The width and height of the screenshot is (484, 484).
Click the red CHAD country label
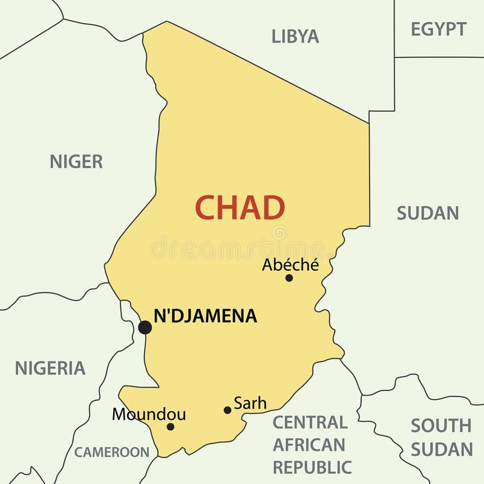(x=240, y=208)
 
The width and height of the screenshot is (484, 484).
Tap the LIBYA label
(x=295, y=36)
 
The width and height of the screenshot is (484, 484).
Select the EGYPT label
(x=439, y=29)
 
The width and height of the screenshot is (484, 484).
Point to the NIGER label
(x=76, y=161)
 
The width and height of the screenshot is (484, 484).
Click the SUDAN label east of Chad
(x=428, y=213)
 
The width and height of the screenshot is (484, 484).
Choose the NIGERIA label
(x=50, y=368)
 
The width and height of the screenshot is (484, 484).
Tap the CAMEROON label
(x=112, y=452)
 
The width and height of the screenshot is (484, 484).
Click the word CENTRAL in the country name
(x=310, y=422)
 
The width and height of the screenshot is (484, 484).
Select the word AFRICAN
(x=309, y=445)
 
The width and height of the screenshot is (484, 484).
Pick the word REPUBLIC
(x=312, y=467)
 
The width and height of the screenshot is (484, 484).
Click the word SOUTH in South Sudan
(x=441, y=426)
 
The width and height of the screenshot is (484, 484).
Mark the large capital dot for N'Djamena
(x=145, y=328)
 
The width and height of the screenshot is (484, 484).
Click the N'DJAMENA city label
(x=205, y=315)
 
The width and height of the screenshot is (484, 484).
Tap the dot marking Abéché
(x=289, y=278)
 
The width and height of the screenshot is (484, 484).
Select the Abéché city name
(x=290, y=265)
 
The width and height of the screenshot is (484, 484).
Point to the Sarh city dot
(x=227, y=410)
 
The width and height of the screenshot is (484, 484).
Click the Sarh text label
(x=250, y=403)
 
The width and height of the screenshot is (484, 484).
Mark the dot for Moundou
(x=171, y=427)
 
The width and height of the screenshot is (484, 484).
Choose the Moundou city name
(x=149, y=415)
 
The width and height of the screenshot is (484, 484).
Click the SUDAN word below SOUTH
(x=442, y=449)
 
